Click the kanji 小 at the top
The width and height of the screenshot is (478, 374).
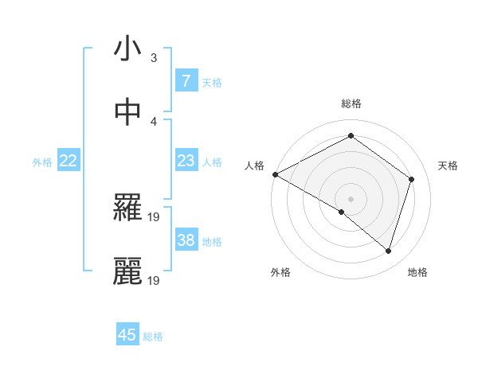coord(127,49)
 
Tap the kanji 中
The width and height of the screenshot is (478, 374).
coord(127,112)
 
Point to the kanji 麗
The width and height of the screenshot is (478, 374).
coord(127,271)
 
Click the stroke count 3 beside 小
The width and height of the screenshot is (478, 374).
coord(154,58)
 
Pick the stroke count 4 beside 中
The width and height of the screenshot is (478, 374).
coord(154,122)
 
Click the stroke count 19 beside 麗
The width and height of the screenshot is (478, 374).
coord(155,281)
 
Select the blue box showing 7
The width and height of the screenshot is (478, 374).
coord(186,80)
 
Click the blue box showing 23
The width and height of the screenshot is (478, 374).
coord(186,161)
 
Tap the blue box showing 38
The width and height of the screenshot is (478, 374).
coord(186,240)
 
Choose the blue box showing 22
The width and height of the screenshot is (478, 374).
coord(69,161)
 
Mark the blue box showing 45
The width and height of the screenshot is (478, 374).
coord(127,335)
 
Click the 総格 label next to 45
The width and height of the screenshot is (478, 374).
coord(153,337)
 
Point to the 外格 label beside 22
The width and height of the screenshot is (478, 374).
coord(42,162)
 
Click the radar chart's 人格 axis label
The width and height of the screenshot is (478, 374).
coord(254,166)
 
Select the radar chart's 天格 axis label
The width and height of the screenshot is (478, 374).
coord(448,166)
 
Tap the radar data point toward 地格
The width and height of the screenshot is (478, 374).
coord(388,251)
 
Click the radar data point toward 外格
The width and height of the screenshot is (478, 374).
coord(342,212)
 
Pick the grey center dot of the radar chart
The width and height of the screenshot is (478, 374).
coord(351,198)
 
